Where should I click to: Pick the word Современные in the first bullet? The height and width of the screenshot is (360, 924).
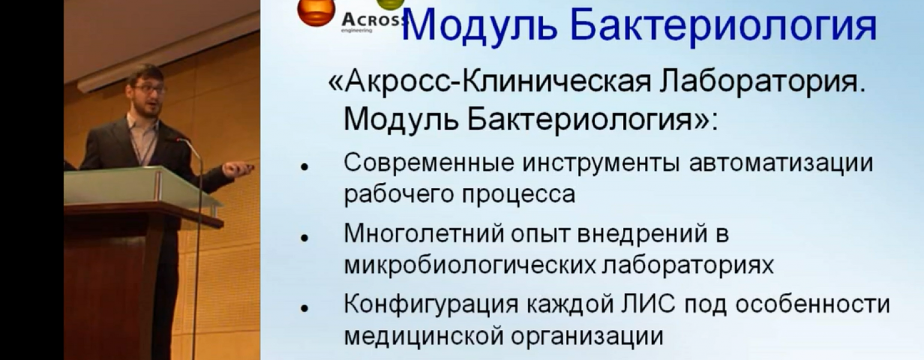pyautogui.click(x=429, y=163)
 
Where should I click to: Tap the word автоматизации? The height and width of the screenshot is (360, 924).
pyautogui.click(x=781, y=163)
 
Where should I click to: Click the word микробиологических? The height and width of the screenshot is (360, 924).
pyautogui.click(x=470, y=265)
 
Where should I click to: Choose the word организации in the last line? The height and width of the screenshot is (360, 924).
pyautogui.click(x=587, y=336)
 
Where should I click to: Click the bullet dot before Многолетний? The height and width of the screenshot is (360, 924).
pyautogui.click(x=305, y=238)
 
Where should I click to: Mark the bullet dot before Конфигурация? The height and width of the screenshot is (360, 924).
pyautogui.click(x=305, y=308)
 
